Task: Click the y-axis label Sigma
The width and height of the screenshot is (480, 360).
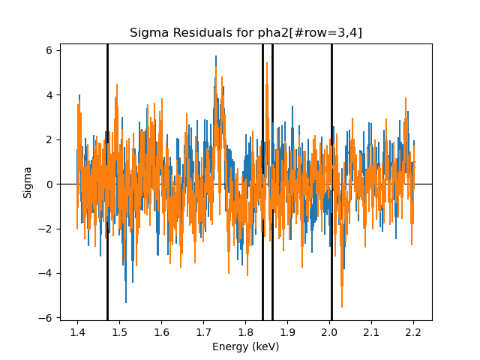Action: (x=28, y=182)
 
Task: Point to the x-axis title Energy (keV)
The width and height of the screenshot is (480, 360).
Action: (x=245, y=346)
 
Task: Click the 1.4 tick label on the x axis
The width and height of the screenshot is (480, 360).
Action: (x=77, y=331)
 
